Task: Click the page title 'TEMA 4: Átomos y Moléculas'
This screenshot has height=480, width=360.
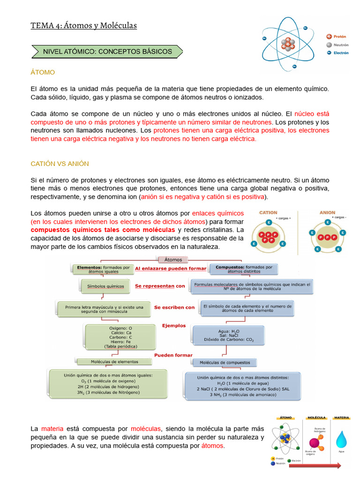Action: tap(84, 25)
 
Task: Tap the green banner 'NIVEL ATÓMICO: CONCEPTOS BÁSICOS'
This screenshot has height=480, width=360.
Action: tap(107, 52)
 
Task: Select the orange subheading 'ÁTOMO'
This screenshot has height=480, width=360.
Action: tap(43, 72)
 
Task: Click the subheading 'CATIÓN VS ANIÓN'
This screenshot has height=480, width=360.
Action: tap(60, 164)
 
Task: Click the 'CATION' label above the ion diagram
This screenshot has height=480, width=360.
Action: tap(268, 212)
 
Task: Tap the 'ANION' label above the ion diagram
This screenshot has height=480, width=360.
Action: tap(328, 212)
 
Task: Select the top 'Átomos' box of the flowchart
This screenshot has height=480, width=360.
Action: tap(174, 259)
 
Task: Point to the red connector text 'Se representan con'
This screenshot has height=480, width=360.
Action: tap(160, 285)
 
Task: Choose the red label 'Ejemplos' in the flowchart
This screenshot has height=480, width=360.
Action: tap(174, 325)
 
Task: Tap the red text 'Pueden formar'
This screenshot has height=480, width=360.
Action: tap(173, 355)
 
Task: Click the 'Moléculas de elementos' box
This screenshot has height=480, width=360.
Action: tap(114, 361)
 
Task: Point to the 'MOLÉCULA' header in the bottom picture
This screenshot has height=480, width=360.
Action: tap(317, 417)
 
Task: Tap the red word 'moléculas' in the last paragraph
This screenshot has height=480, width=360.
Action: tap(146, 428)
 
